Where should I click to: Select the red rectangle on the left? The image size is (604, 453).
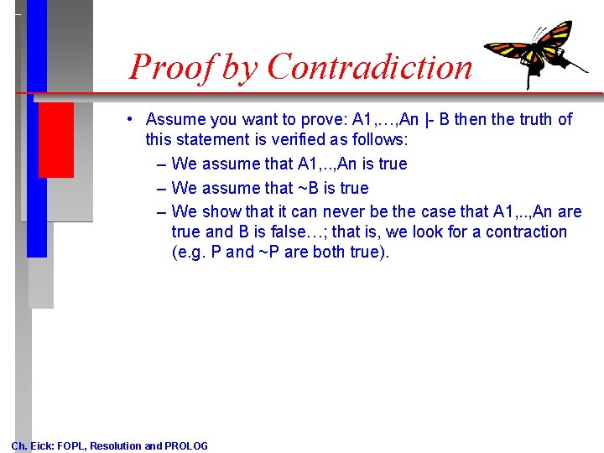coord(55,140)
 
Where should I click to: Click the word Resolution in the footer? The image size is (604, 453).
coord(115,445)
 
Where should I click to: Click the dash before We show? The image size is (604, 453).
coord(160,211)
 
